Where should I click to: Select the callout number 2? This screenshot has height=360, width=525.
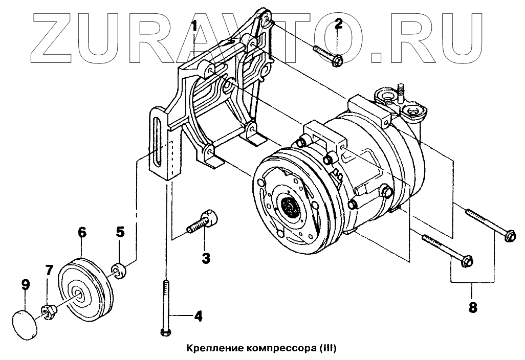(x=339, y=24)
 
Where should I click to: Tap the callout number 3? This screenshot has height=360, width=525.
(x=205, y=258)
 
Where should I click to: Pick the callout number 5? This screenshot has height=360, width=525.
(x=120, y=233)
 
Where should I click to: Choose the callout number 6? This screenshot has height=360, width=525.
(x=82, y=233)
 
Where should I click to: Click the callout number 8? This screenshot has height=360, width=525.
(x=472, y=308)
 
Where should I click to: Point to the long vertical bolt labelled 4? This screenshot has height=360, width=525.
(x=166, y=307)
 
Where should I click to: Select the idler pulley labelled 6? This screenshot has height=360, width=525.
(x=82, y=291)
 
